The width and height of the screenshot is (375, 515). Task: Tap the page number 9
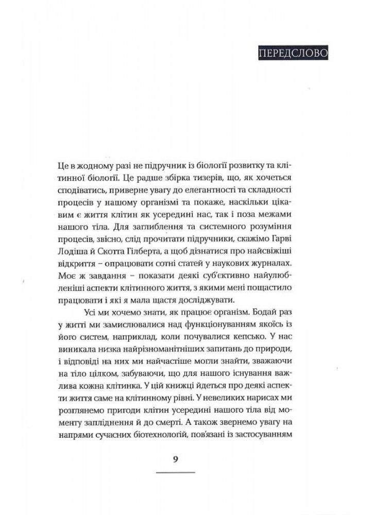[x=175, y=460]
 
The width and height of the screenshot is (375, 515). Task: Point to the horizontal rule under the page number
[x=175, y=472]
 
